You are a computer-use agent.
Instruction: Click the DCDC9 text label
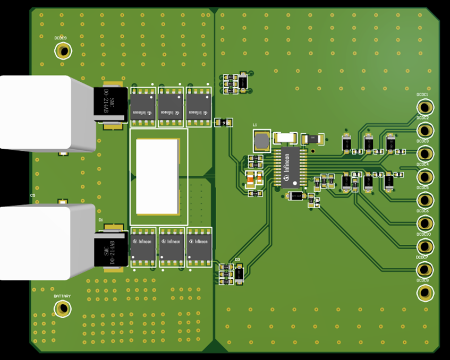click(60, 38)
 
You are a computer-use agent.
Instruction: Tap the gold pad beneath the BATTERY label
click(63, 308)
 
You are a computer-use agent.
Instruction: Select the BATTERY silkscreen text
click(62, 296)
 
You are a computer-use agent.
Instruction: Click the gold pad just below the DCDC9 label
click(63, 51)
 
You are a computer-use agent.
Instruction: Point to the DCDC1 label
click(422, 95)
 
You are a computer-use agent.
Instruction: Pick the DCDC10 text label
click(423, 234)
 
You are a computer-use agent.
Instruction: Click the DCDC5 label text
click(422, 188)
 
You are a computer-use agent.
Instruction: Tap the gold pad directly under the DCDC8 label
click(424, 292)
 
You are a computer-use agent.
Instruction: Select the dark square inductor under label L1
click(261, 141)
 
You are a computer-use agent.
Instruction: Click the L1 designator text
click(254, 125)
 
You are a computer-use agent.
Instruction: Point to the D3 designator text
click(237, 260)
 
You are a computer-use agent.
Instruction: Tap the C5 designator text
click(32, 195)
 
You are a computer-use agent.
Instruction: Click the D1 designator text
click(100, 219)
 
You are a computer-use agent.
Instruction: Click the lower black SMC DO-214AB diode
click(111, 251)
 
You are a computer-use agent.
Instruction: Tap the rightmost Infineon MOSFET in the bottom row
click(199, 246)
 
